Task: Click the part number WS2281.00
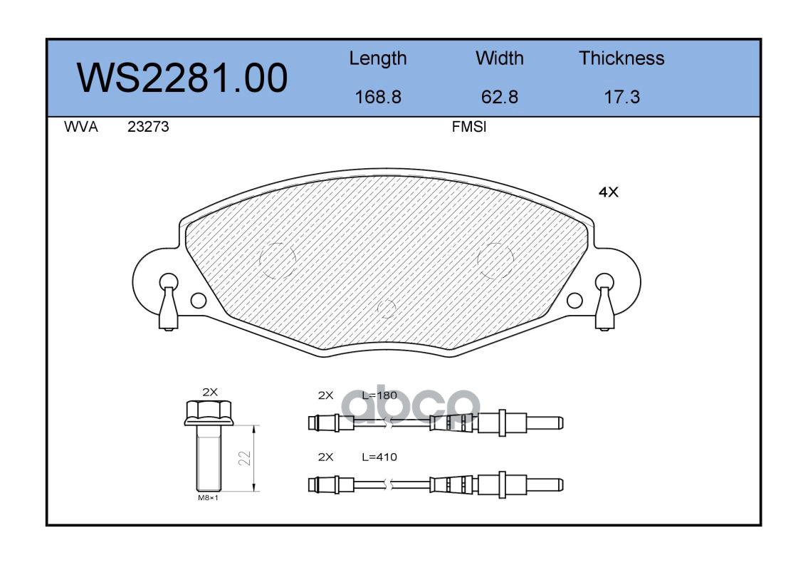coord(182,78)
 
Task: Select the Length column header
coord(378,59)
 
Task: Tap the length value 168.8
coord(378,97)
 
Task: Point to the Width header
coord(499,58)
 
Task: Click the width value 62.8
coord(499,97)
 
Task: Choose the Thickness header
coord(621,58)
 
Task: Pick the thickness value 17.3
coord(621,97)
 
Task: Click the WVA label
coord(81,127)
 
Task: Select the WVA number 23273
coord(148,127)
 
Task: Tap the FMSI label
coord(469,127)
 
